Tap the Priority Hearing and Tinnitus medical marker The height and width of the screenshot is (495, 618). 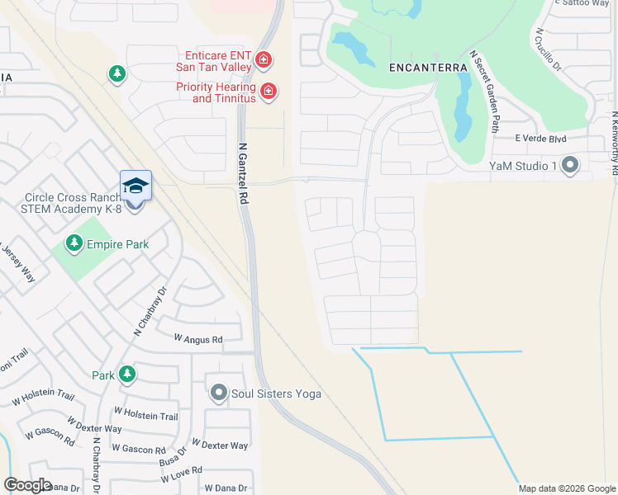pos(268,91)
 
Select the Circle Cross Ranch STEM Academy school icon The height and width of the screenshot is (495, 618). pos(136,186)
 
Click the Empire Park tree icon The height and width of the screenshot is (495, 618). pos(75,243)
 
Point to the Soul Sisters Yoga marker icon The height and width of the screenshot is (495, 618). pos(219,393)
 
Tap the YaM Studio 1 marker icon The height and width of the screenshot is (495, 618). pos(570,165)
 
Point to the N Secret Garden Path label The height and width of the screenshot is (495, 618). pos(486,92)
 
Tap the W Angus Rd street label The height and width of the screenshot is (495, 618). pos(198,339)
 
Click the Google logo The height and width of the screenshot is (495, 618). pos(27,485)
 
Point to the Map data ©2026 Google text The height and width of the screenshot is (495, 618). pos(567,488)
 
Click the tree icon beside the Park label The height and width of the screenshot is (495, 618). pos(126,375)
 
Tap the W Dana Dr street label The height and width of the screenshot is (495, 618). pos(225,488)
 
